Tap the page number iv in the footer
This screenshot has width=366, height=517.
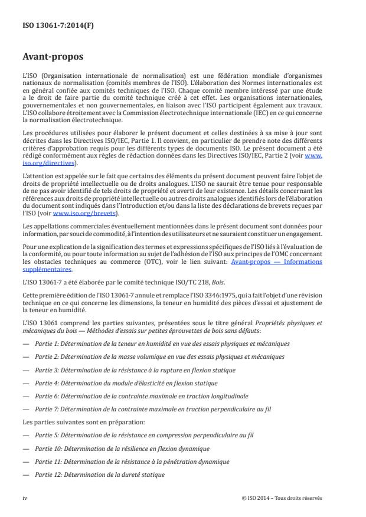(x=25, y=497)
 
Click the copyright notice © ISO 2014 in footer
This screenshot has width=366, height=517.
(x=282, y=497)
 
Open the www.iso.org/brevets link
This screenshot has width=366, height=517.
(x=89, y=214)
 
